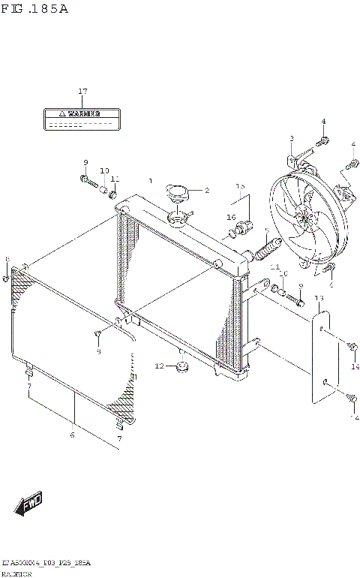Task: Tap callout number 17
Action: (83, 92)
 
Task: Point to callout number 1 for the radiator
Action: (150, 181)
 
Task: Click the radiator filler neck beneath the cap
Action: (178, 219)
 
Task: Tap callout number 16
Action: (232, 217)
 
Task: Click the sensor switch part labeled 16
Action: (244, 228)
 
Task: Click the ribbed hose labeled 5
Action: (268, 248)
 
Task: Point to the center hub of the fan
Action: (304, 219)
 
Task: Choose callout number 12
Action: (158, 366)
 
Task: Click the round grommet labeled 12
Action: (180, 368)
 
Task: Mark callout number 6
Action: (72, 434)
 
